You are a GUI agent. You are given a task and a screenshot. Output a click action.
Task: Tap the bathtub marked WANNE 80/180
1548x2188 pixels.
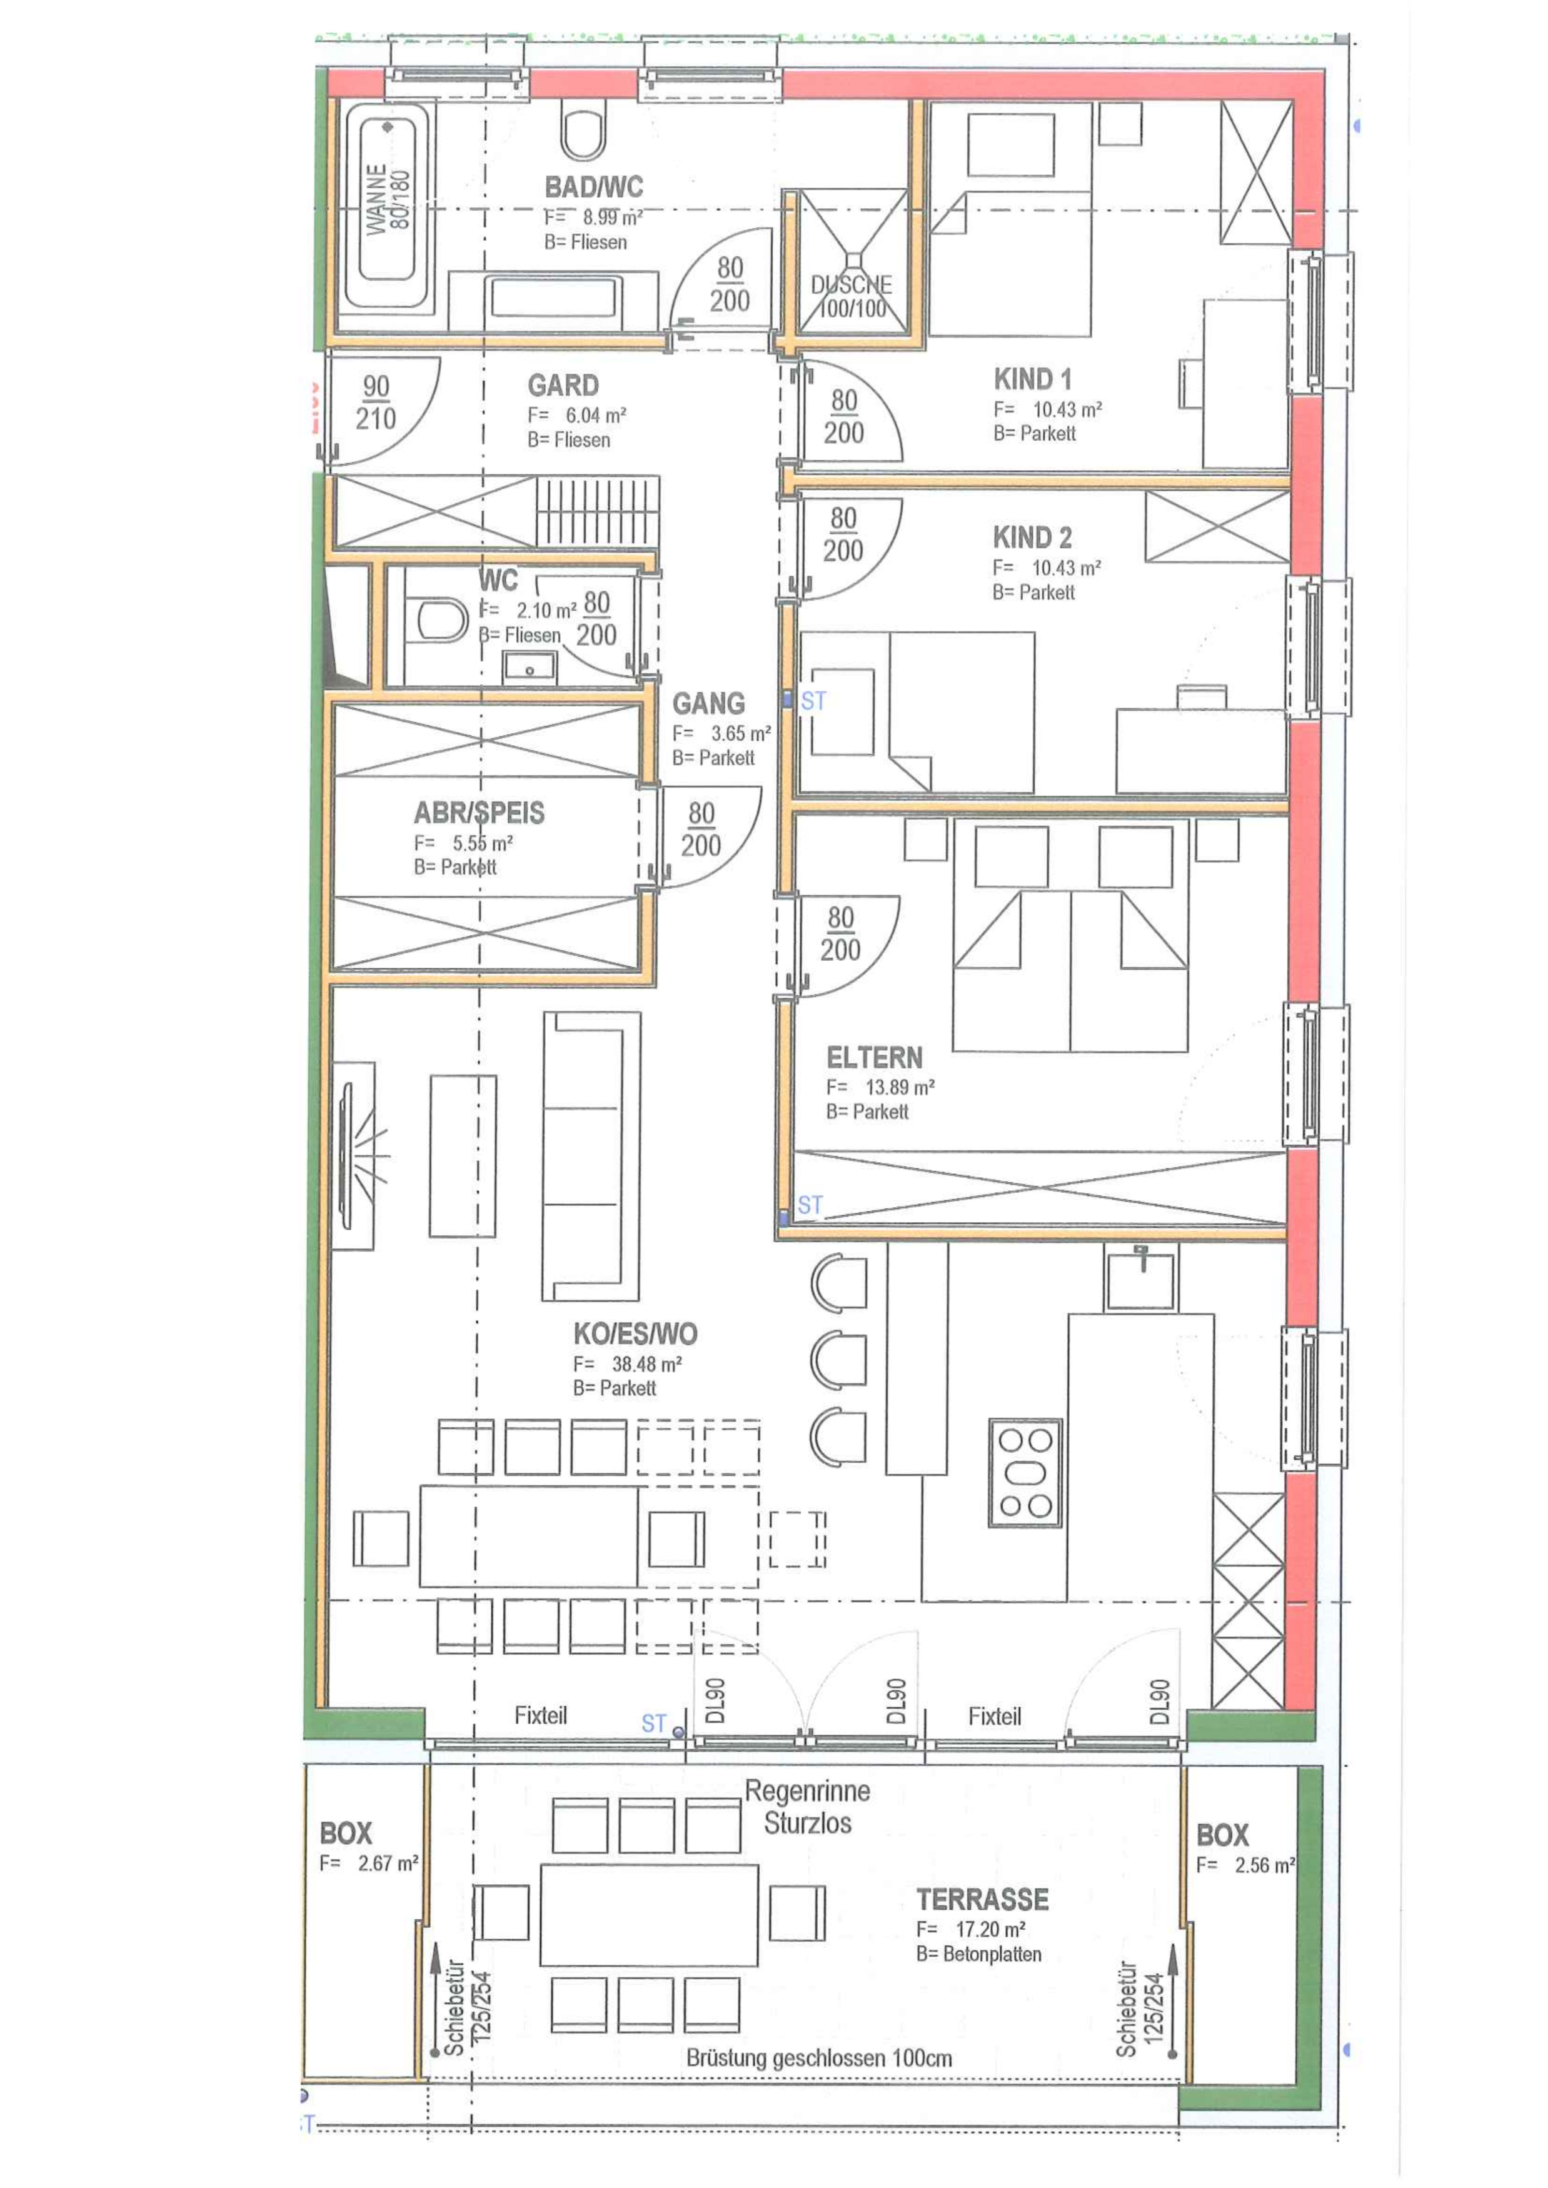pos(387,207)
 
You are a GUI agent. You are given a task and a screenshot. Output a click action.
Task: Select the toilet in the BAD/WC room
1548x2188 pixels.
pos(583,131)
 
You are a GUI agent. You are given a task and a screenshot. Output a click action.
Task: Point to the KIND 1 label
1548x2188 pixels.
pos(1032,379)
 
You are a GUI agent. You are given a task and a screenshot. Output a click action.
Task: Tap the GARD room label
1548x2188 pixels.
pos(563,385)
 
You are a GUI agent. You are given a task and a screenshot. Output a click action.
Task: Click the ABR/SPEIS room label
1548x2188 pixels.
pos(480,813)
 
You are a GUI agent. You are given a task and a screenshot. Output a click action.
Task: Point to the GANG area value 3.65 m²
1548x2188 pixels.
pos(741,734)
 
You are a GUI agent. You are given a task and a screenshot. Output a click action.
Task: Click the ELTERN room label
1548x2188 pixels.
pos(874,1058)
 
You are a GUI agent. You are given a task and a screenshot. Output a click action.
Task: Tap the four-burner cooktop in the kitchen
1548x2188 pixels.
pos(1025,1472)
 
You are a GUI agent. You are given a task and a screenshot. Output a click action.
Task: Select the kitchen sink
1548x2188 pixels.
pos(1141,1277)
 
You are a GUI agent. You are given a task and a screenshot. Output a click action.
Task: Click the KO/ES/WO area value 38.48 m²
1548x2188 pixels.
pos(646,1365)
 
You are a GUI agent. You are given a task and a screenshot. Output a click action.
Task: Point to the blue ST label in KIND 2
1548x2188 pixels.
pos(813,701)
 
